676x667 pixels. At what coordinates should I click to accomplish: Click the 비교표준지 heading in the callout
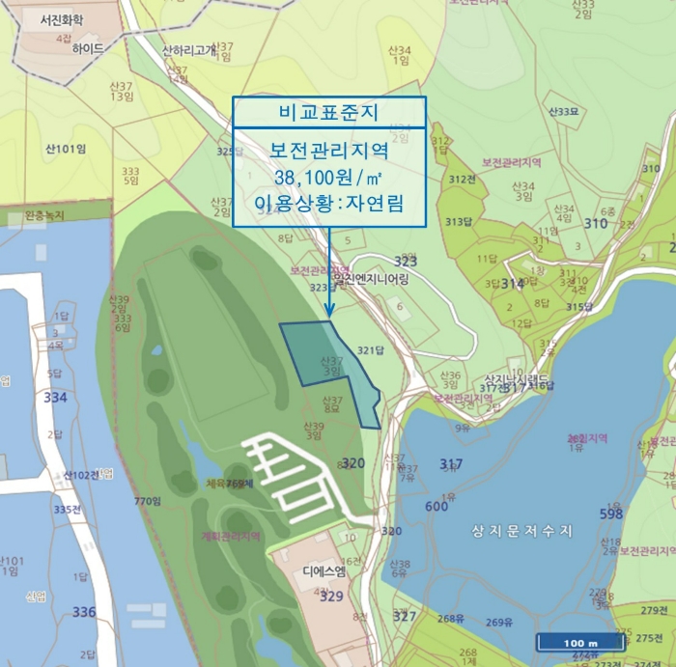(328, 112)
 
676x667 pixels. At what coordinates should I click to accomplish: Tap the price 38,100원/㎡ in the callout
(328, 177)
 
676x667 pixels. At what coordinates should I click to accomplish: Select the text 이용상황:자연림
(328, 204)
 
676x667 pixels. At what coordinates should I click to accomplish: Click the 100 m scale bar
(579, 643)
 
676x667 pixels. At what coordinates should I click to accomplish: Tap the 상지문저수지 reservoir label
(522, 531)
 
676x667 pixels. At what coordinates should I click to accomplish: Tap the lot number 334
(56, 398)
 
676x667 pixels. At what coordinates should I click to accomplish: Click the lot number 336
(84, 612)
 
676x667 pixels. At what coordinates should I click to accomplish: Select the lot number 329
(331, 597)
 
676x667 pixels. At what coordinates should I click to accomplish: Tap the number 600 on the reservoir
(436, 507)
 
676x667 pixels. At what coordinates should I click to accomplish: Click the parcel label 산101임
(66, 149)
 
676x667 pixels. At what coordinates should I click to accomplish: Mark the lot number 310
(596, 224)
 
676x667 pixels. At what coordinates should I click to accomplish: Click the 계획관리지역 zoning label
(229, 538)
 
